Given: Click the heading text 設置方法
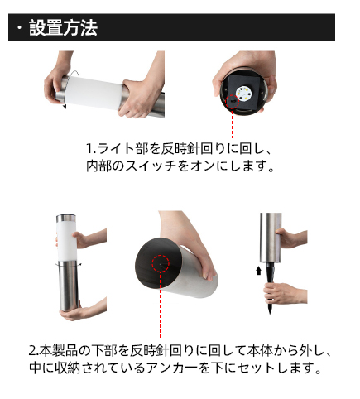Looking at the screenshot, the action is tap(63, 27).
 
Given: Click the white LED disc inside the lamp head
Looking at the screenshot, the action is tap(242, 93).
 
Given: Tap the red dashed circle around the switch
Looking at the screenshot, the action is tap(233, 101).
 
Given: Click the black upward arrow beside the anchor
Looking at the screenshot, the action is tap(258, 271).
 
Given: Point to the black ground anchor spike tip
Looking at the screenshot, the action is tap(270, 314).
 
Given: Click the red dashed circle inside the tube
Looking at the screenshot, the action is tap(161, 263).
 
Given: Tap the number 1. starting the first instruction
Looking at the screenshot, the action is tap(91, 148).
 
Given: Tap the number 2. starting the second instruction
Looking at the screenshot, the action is tap(33, 350).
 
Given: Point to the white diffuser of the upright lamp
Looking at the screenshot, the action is tap(67, 242).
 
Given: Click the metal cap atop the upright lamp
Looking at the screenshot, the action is tap(66, 218).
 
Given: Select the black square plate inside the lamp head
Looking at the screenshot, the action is tap(244, 93).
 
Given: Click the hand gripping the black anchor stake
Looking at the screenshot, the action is tap(284, 293).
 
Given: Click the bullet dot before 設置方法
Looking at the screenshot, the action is tap(19, 28).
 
